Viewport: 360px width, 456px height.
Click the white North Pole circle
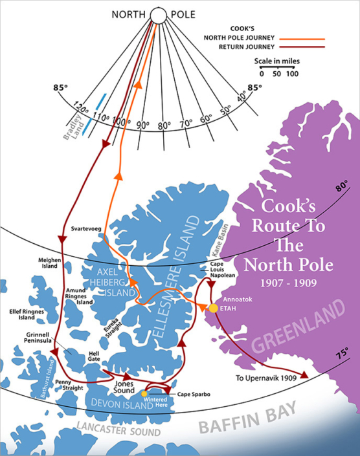pos(158,15)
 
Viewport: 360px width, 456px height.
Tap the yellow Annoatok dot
pos(213,308)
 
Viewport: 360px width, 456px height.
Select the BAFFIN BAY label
pos(243,419)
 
